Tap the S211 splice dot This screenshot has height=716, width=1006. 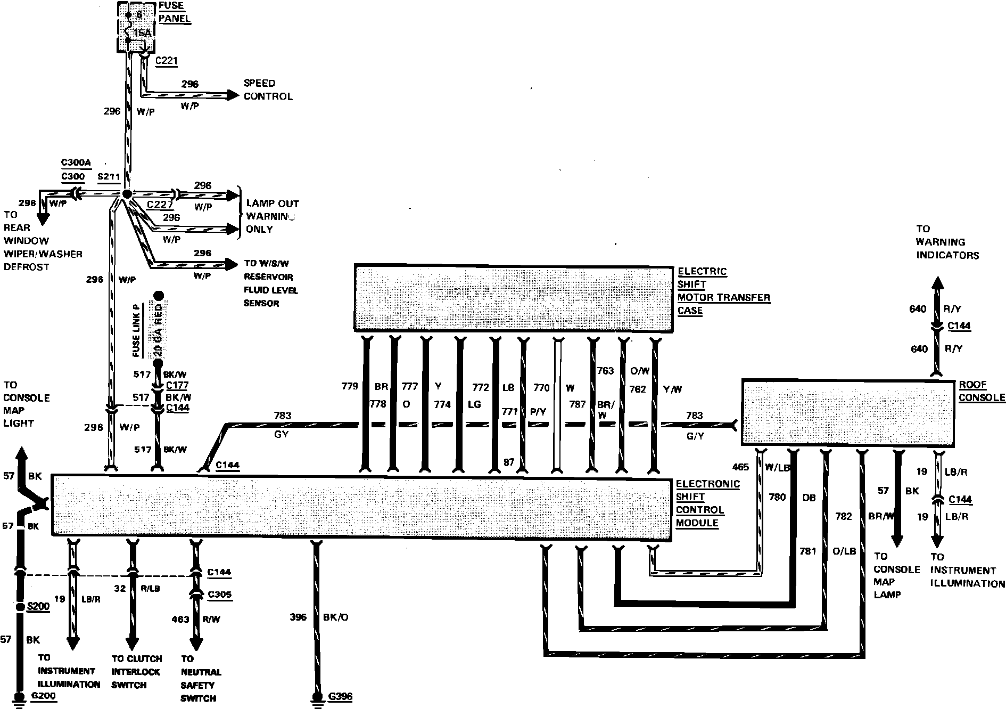[127, 194]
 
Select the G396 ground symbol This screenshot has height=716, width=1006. [317, 697]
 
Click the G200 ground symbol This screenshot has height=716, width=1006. [20, 697]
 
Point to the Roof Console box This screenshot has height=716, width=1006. [847, 412]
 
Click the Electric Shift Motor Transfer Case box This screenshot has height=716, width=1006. [513, 298]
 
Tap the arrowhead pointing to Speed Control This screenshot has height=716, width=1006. [233, 95]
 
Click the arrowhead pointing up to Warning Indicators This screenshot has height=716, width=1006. [937, 283]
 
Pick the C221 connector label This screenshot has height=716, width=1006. [166, 61]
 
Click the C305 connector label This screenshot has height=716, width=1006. [220, 595]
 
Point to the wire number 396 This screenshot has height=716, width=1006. [298, 617]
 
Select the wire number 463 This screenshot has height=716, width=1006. [180, 619]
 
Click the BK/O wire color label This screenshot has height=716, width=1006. [336, 617]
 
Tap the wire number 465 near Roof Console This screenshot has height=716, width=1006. [740, 467]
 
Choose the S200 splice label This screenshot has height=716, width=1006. [38, 606]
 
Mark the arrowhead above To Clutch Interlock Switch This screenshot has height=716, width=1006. [132, 639]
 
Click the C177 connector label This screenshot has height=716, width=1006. [177, 385]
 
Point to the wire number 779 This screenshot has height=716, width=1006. [350, 386]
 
